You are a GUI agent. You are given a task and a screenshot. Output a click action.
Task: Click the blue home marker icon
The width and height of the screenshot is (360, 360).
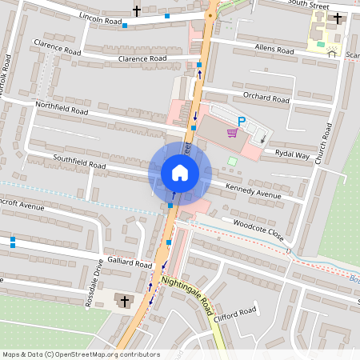point(180,172)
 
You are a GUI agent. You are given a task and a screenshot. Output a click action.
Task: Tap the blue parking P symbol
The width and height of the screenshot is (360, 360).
point(242,121)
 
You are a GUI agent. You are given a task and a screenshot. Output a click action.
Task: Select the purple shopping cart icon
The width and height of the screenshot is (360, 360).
point(232,133)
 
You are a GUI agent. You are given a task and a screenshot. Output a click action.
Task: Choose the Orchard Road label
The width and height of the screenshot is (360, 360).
point(266,98)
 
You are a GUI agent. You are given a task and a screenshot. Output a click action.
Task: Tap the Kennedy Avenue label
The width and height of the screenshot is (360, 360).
point(254,194)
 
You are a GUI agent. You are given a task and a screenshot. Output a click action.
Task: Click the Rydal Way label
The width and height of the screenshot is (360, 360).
point(290,154)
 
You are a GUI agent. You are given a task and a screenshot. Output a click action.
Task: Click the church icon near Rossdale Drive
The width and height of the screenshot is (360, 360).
point(123,301)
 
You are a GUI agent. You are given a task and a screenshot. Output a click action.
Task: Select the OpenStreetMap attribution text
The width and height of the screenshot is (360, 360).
point(81,354)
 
